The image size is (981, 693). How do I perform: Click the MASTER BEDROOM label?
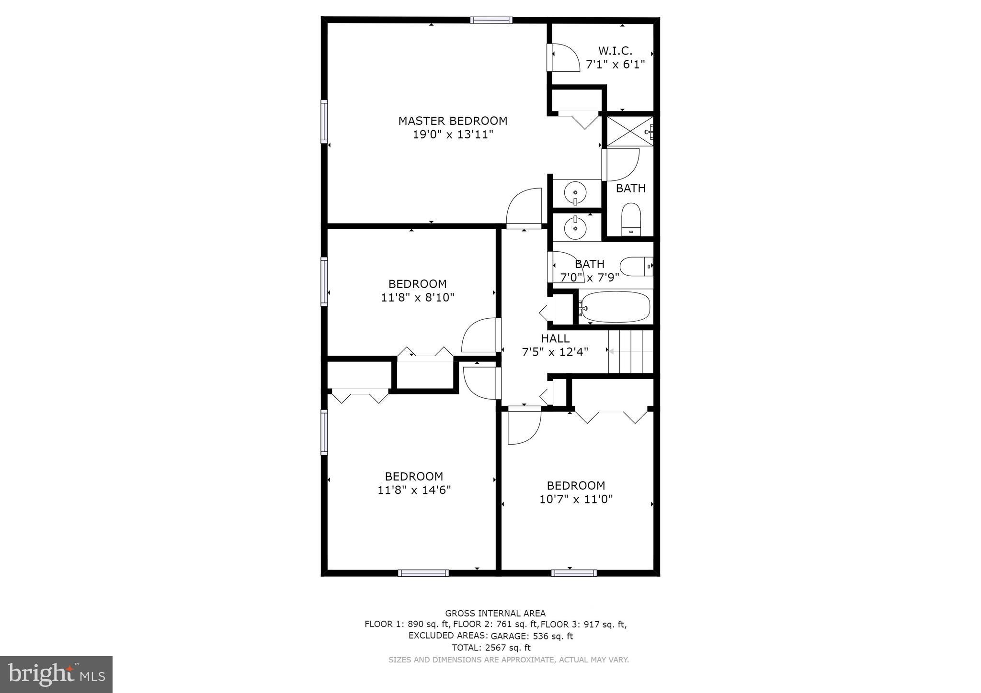click(x=453, y=121)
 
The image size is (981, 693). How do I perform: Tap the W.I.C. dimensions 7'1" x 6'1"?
click(x=616, y=64)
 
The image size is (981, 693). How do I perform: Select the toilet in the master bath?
click(x=631, y=219)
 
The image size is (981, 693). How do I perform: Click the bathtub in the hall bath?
click(x=616, y=307)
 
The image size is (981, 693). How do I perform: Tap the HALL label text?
click(x=555, y=338)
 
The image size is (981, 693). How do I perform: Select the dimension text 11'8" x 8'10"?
click(x=417, y=298)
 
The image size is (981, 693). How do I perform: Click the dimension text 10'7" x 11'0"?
click(x=576, y=499)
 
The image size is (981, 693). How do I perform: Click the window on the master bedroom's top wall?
click(x=491, y=20)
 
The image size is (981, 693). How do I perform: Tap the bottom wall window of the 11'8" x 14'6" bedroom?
click(x=423, y=573)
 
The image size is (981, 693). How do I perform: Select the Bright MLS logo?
click(x=57, y=674)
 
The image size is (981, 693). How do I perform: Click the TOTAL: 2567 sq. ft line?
click(x=491, y=648)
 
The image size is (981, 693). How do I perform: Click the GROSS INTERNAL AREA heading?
click(x=495, y=613)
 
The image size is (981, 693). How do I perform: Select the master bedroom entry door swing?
click(x=525, y=207)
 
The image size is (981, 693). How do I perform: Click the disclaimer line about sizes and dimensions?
click(x=508, y=659)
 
